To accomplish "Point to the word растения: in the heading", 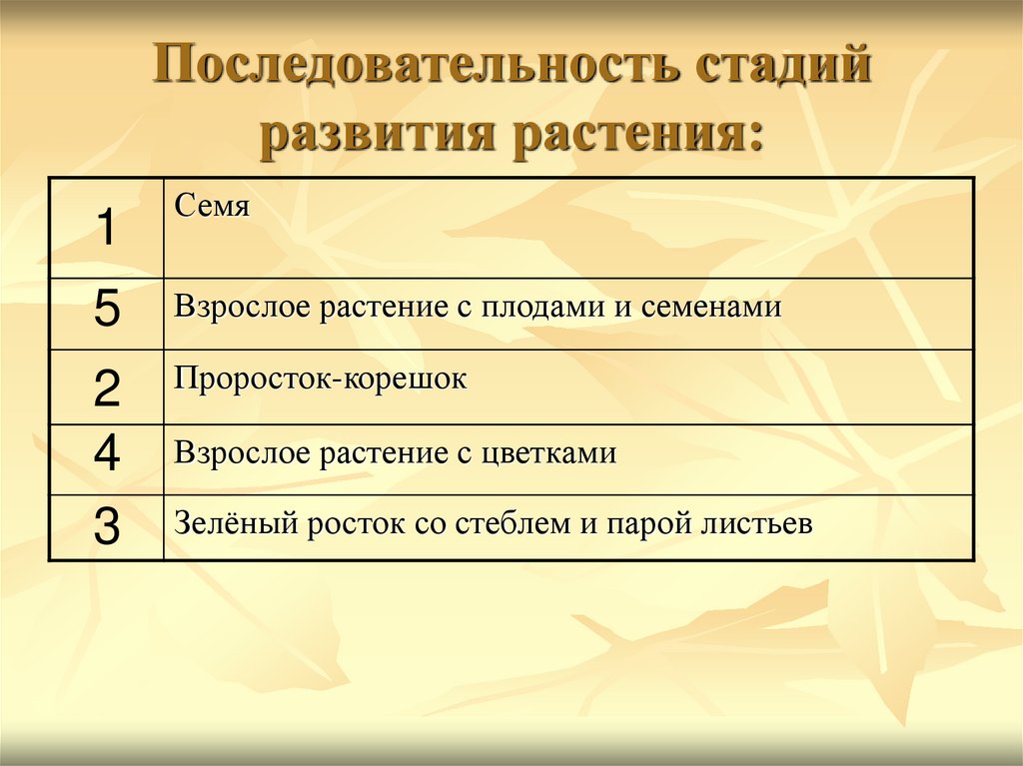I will [639, 134].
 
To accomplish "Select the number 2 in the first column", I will [106, 387].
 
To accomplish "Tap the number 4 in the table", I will [106, 456].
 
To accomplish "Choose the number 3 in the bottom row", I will [106, 527].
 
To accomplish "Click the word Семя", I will [212, 207].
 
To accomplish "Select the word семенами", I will [710, 307].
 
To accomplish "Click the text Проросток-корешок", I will [321, 381].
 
